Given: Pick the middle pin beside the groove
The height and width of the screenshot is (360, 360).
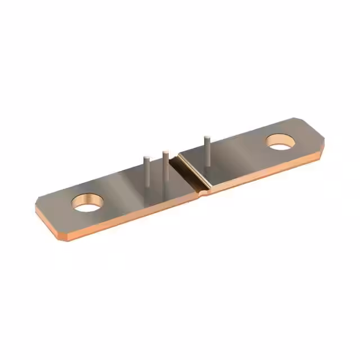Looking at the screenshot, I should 165,172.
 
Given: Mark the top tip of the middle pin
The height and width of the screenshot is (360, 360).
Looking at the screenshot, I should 165,151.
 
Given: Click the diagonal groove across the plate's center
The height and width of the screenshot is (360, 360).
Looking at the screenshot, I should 190,172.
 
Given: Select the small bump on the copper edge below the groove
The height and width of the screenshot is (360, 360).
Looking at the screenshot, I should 205,192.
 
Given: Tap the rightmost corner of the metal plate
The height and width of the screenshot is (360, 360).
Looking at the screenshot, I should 325,135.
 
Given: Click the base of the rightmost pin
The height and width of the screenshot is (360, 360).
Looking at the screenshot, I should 208,165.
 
